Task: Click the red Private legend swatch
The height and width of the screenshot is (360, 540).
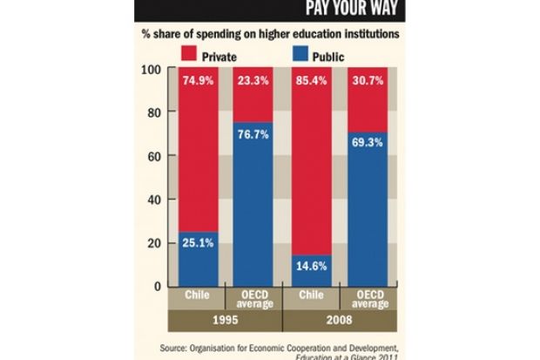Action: (x=189, y=56)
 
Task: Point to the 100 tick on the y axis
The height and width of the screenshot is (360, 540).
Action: (x=152, y=69)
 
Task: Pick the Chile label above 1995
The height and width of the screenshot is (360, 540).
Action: (x=197, y=295)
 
